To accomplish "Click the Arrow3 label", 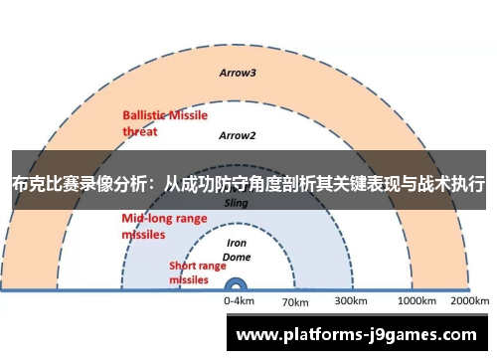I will (x=238, y=73).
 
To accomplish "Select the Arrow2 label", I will (x=238, y=135).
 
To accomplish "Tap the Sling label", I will (x=237, y=202).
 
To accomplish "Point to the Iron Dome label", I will (x=238, y=249).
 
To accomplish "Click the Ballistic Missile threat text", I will (x=164, y=122).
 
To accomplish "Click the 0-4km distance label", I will (x=239, y=299).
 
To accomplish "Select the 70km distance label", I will (x=296, y=300).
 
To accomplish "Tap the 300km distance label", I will (x=351, y=299).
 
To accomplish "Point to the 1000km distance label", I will (x=416, y=299).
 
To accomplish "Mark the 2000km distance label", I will (x=469, y=299).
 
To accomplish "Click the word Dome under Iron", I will (x=238, y=256).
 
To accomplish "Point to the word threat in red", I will (x=140, y=129).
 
